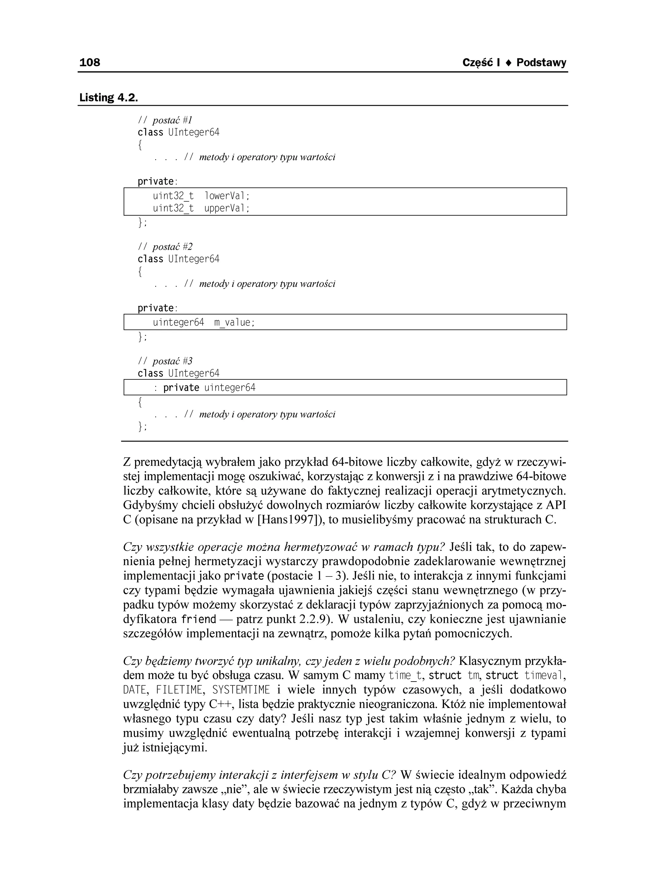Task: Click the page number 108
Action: pyautogui.click(x=90, y=62)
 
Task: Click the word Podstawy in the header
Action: pyautogui.click(x=541, y=63)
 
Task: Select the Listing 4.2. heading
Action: pyautogui.click(x=109, y=97)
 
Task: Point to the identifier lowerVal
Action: pyautogui.click(x=227, y=196)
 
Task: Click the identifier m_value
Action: pyautogui.click(x=234, y=323)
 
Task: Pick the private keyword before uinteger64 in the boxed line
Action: pyautogui.click(x=181, y=388)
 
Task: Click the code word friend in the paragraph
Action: pyautogui.click(x=199, y=619)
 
